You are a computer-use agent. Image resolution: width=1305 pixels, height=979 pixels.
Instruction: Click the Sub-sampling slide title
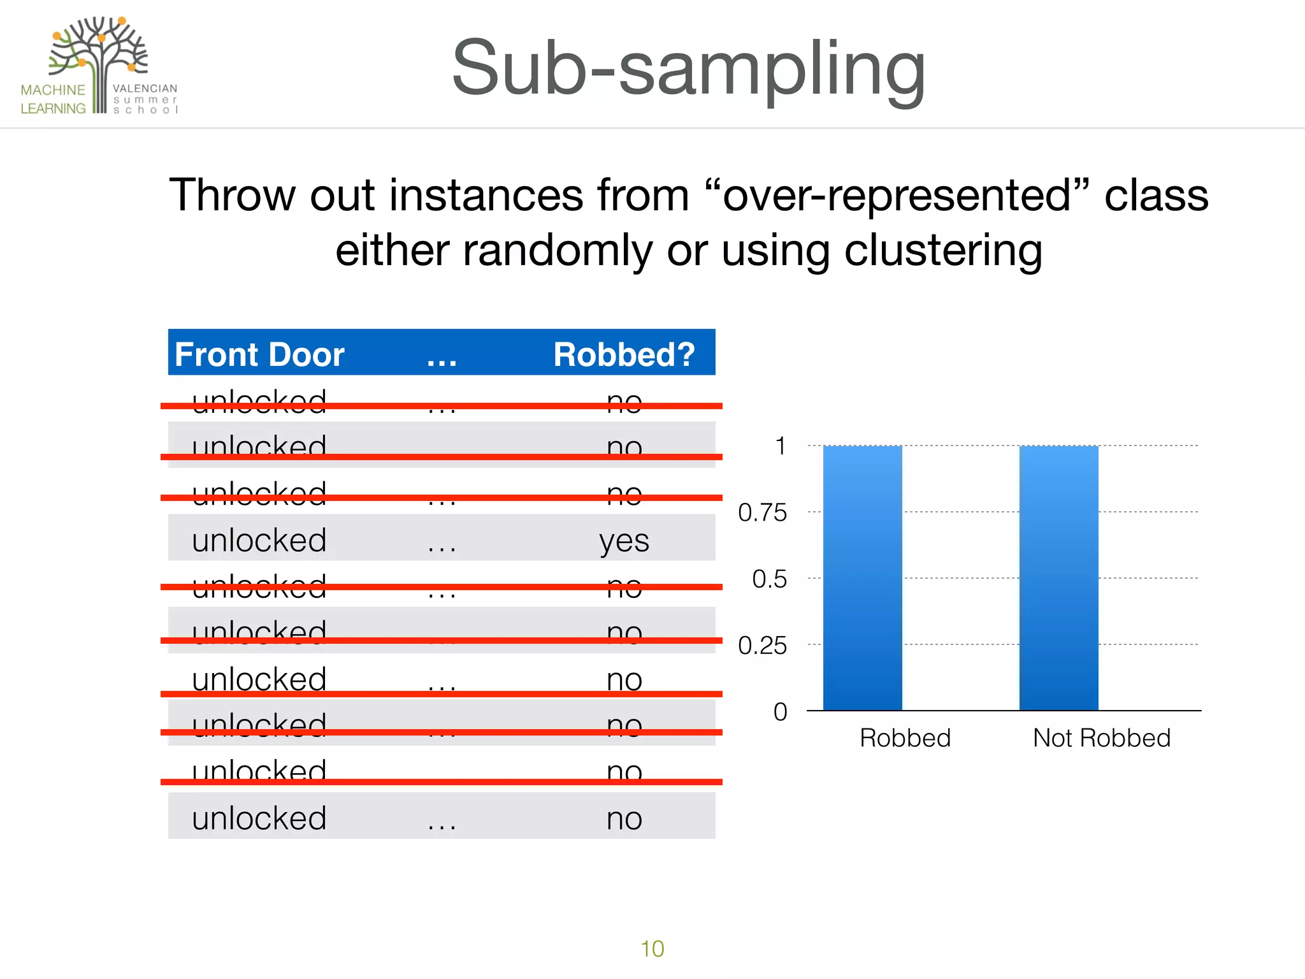688,69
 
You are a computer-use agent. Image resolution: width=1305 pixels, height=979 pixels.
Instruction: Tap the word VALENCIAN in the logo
145,89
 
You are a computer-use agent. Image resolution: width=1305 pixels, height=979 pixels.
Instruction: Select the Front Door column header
259,354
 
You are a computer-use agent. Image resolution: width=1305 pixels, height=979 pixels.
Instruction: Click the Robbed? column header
624,354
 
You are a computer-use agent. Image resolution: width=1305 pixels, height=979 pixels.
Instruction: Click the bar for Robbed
862,577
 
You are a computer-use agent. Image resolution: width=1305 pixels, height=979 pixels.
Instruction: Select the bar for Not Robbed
1058,577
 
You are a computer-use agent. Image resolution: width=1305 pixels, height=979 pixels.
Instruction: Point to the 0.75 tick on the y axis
762,512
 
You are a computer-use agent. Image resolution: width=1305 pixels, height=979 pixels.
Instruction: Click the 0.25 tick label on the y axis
762,646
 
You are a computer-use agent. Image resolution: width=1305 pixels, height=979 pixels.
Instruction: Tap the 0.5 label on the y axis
769,579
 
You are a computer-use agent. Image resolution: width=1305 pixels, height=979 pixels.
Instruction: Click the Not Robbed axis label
1101,737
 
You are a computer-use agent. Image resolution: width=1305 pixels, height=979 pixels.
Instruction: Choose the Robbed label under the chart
905,737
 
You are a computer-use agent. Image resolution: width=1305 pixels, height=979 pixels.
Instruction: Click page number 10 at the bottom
652,948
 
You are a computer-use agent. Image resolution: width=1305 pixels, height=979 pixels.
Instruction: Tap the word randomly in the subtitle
558,250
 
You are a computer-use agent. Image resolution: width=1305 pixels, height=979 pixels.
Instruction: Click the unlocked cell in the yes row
259,540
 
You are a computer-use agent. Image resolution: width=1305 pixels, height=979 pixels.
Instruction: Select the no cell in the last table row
624,818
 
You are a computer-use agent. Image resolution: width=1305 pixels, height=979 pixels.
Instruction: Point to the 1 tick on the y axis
780,446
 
